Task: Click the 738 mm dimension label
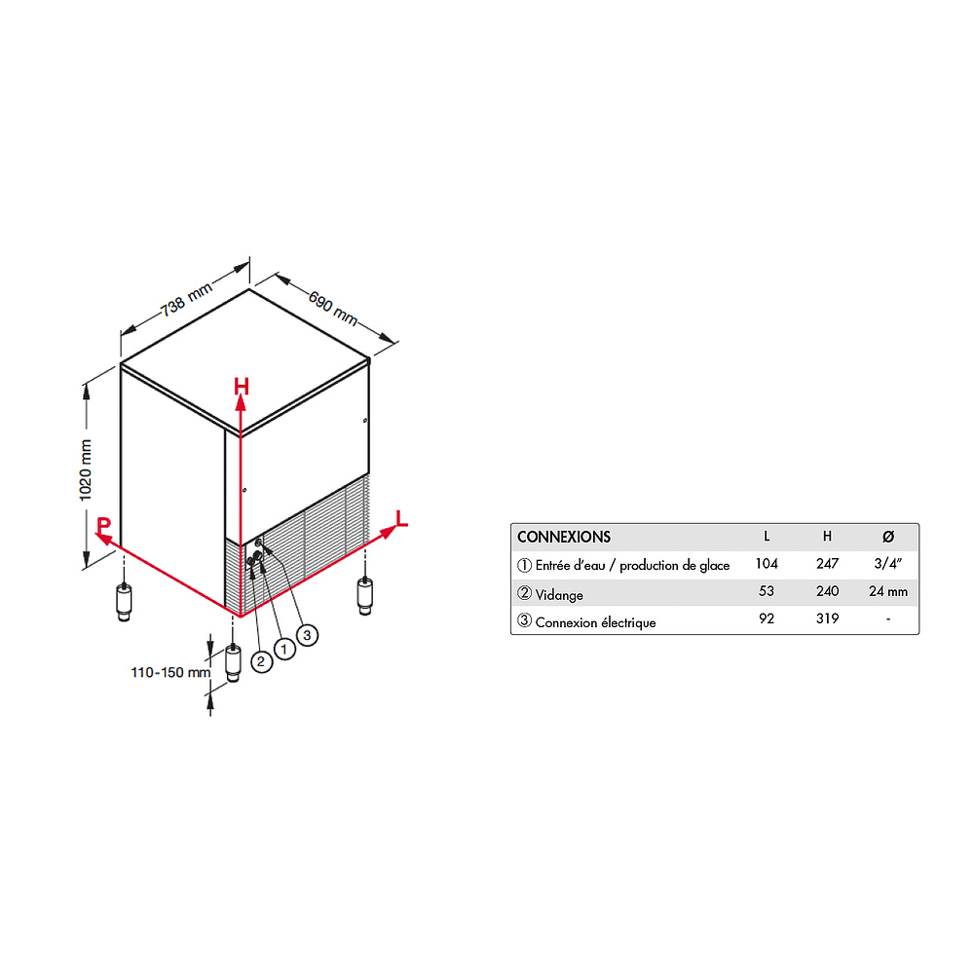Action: (x=187, y=298)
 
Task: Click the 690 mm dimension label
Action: (x=333, y=308)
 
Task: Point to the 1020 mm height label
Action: (x=86, y=470)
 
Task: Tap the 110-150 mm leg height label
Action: (x=170, y=672)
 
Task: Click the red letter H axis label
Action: (x=241, y=387)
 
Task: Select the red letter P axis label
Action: (x=104, y=525)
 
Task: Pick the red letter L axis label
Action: (x=402, y=519)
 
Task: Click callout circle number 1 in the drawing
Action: (x=284, y=649)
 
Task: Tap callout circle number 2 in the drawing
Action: (x=261, y=661)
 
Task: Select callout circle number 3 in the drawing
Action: (x=307, y=635)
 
